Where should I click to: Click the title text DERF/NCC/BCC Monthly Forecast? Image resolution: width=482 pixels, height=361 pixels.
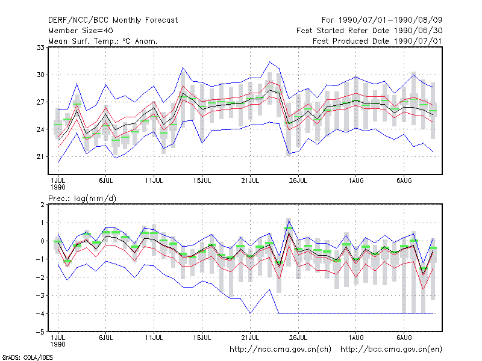pos(113,20)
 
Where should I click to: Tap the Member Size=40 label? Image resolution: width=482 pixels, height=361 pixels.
pos(81,31)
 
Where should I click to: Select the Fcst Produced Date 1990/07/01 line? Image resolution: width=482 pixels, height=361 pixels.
pos(377,41)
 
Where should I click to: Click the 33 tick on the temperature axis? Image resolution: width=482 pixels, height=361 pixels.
pos(40,48)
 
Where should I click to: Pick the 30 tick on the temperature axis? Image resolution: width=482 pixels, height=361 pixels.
pos(40,75)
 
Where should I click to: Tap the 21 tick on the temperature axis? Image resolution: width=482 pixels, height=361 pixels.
pos(40,157)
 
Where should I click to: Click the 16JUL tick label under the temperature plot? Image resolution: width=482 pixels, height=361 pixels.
pos(202,181)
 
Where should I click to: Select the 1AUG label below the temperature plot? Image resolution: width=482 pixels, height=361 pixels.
pos(356,181)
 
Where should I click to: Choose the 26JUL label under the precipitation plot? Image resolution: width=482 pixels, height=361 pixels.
pos(298,338)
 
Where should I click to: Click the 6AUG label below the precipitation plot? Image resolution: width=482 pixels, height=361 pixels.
pos(404,338)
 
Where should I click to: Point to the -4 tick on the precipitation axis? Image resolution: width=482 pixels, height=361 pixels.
pos(40,314)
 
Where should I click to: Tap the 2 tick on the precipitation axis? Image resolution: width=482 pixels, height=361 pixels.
pos(42,205)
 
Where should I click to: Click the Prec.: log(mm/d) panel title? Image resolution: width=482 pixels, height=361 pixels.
pos(82,199)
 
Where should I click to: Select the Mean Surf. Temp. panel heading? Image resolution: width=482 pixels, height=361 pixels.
pos(103,41)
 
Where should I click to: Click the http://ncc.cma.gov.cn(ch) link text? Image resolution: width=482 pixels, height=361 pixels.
pos(280,350)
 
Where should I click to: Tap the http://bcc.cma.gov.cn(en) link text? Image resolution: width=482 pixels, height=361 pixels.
pos(391,350)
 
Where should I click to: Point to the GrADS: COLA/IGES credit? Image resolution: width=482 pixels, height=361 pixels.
pos(27,357)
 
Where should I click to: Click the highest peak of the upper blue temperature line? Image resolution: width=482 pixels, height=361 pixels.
pos(269,62)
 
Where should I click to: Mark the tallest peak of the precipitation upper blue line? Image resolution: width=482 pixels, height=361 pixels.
pos(289,220)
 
